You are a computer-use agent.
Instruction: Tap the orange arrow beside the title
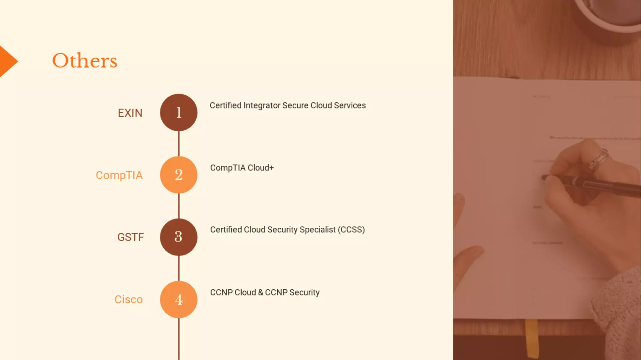pyautogui.click(x=8, y=61)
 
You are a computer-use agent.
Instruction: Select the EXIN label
pyautogui.click(x=130, y=113)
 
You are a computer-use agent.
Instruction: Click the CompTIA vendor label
pyautogui.click(x=119, y=175)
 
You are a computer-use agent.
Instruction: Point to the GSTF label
pyautogui.click(x=131, y=237)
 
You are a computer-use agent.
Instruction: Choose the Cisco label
pyautogui.click(x=128, y=300)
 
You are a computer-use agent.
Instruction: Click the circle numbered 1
pyautogui.click(x=178, y=113)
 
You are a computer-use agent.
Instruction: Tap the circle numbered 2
pyautogui.click(x=178, y=175)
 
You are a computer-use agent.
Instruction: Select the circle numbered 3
pyautogui.click(x=178, y=237)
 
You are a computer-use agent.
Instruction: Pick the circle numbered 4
pyautogui.click(x=178, y=300)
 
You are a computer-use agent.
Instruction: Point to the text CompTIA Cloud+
pyautogui.click(x=242, y=168)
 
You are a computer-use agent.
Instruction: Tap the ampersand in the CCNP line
pyautogui.click(x=260, y=292)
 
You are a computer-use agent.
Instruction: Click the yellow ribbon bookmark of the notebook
pyautogui.click(x=531, y=338)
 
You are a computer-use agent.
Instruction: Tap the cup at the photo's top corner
pyautogui.click(x=610, y=16)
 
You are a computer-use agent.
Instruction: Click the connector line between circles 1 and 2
pyautogui.click(x=179, y=144)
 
